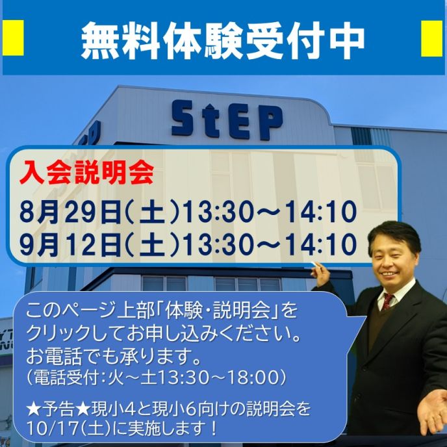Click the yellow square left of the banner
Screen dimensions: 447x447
[13, 38]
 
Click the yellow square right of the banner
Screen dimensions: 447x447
[431, 38]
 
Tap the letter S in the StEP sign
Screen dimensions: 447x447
[183, 118]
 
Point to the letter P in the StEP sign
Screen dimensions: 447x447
[271, 123]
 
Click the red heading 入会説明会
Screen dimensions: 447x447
[86, 173]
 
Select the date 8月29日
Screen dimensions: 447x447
[71, 212]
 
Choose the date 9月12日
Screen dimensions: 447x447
[71, 244]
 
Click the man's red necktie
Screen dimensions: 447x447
[387, 301]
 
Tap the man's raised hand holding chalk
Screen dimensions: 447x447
[321, 273]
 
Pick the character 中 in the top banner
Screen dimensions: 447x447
[347, 40]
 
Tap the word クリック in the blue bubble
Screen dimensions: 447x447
[59, 333]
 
